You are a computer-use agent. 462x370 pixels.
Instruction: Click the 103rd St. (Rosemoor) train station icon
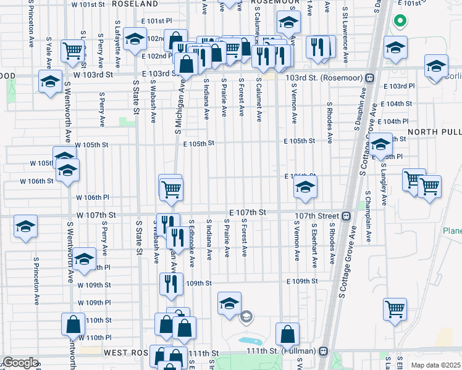pyautogui.click(x=369, y=78)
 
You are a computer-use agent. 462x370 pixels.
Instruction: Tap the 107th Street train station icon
pyautogui.click(x=346, y=216)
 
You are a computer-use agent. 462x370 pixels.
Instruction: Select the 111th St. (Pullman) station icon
pyautogui.click(x=322, y=350)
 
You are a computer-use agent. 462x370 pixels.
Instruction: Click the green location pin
pyautogui.click(x=400, y=22)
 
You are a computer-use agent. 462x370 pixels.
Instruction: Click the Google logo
pyautogui.click(x=20, y=362)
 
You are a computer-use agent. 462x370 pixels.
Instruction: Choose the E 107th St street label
pyautogui.click(x=247, y=212)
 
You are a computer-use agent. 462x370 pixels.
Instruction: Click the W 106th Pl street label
pyautogui.click(x=93, y=197)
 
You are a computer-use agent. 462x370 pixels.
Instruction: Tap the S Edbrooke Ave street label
pyautogui.click(x=193, y=243)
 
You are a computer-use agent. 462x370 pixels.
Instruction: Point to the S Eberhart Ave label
pyautogui.click(x=314, y=245)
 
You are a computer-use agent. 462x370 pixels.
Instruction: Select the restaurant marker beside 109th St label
pyautogui.click(x=170, y=283)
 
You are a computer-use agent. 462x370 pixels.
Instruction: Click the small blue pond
pyautogui.click(x=250, y=340)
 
